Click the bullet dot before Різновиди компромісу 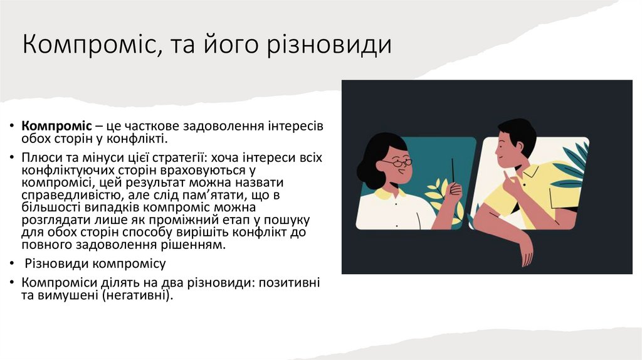point(12,264)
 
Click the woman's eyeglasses point(397,163)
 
